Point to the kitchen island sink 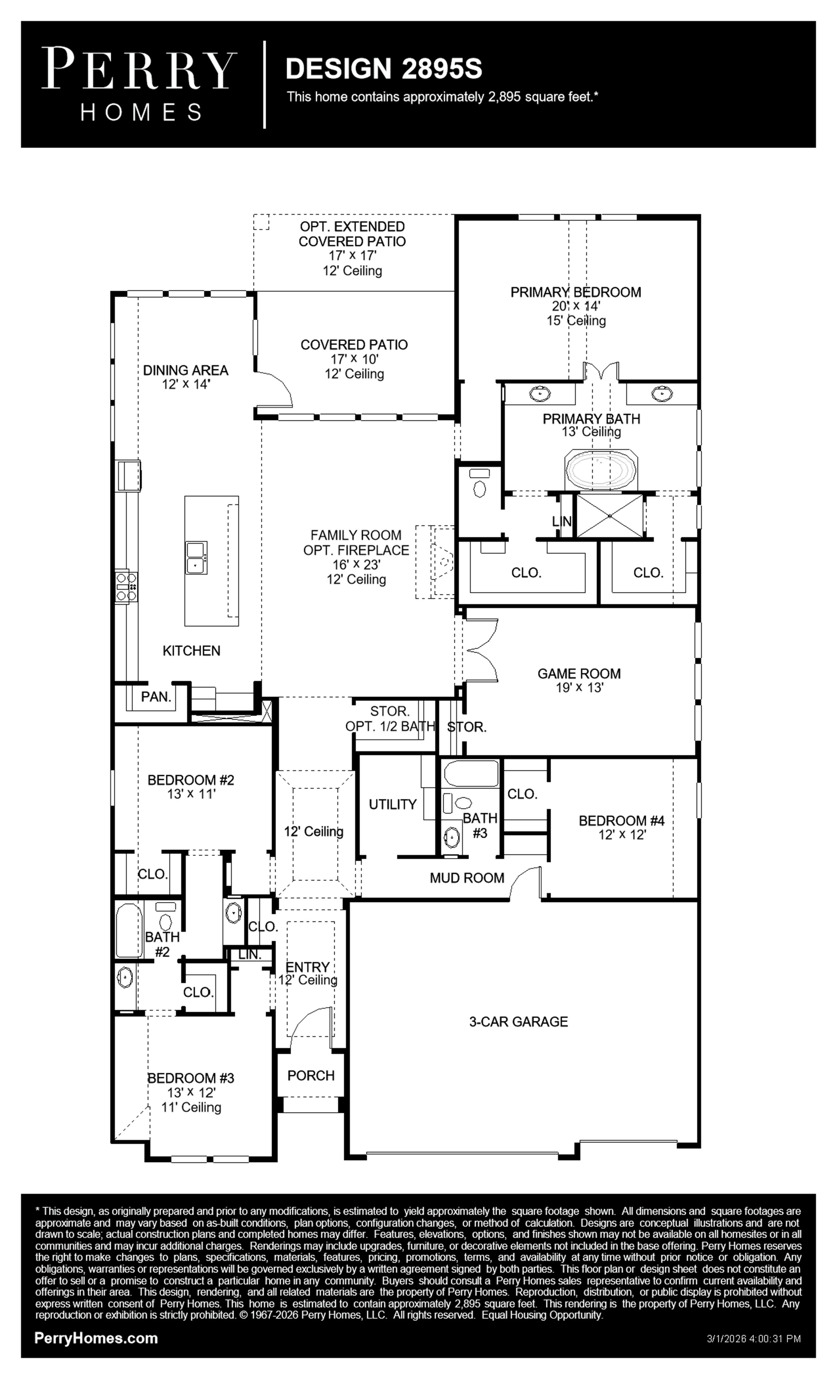(196, 558)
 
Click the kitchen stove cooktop (126, 586)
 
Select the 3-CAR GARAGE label (518, 1021)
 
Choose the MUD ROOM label (467, 878)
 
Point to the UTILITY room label (393, 804)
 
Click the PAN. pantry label (156, 697)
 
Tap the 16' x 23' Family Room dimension (356, 565)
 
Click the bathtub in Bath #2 (129, 930)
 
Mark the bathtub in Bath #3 (471, 774)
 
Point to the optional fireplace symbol (435, 562)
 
